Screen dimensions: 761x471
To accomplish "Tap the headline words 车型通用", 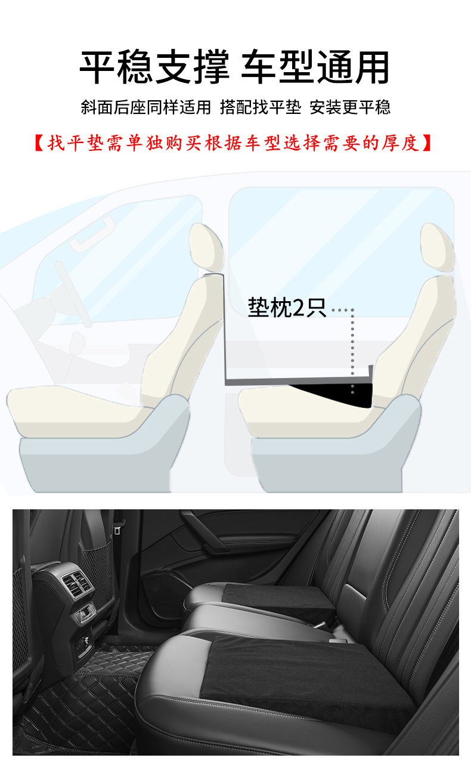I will pyautogui.click(x=315, y=67).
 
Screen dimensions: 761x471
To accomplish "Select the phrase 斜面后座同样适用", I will pyautogui.click(x=146, y=107).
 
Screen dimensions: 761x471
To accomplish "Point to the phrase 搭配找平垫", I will pyautogui.click(x=261, y=107).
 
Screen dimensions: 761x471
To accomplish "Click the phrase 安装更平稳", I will pyautogui.click(x=350, y=107).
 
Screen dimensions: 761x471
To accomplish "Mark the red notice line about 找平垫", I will pyautogui.click(x=235, y=144).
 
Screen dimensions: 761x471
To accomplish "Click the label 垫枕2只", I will pyautogui.click(x=287, y=309).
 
